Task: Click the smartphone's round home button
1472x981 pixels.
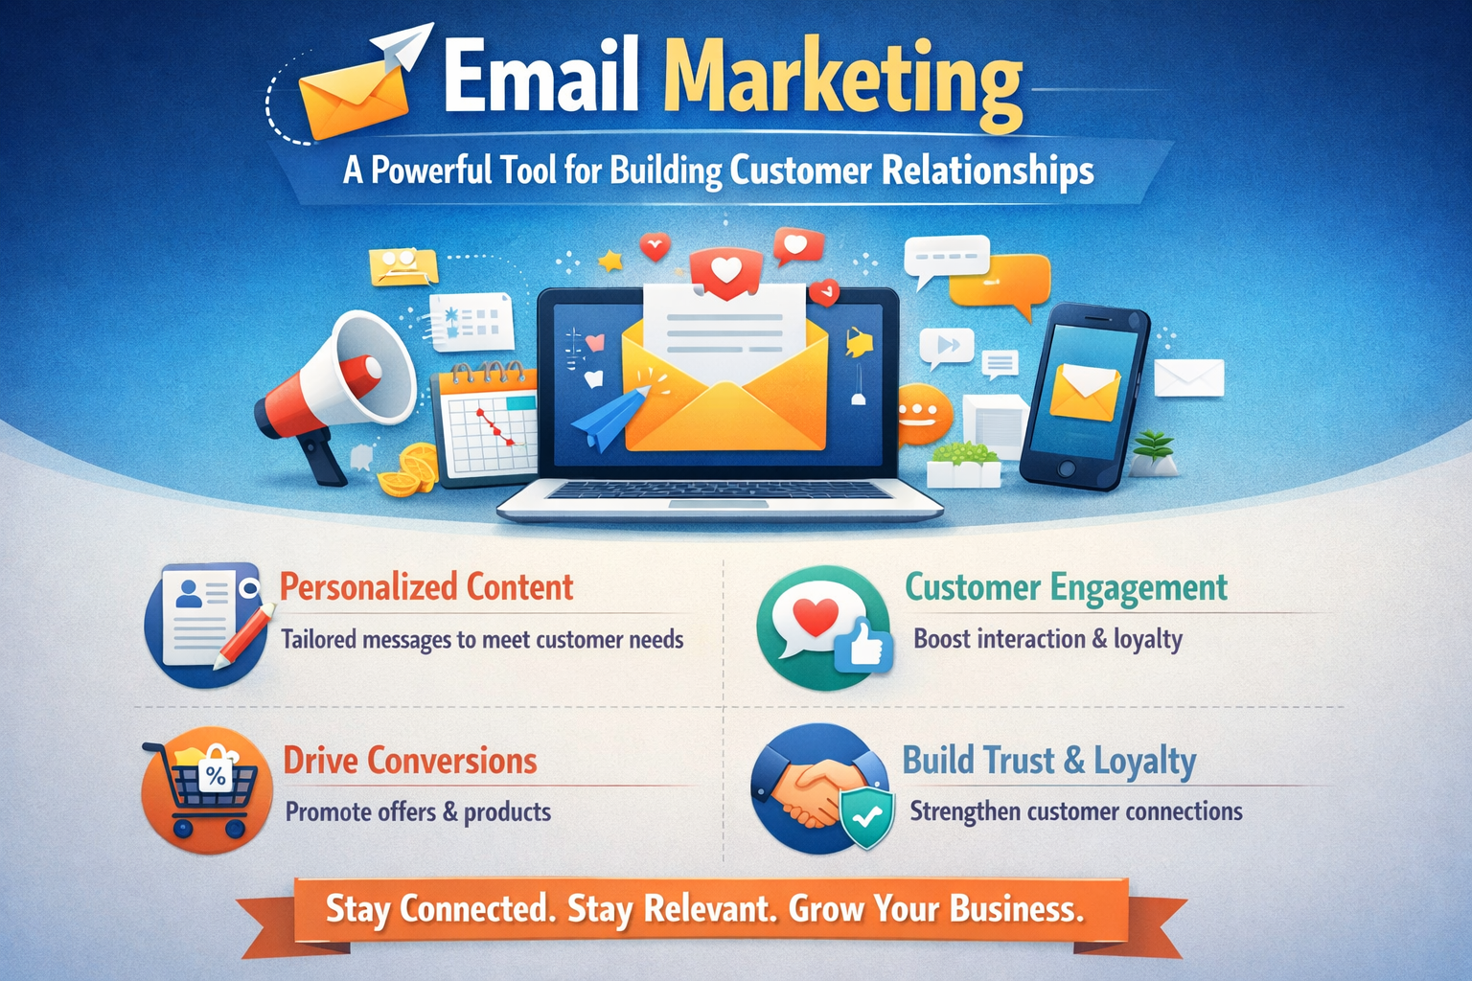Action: pyautogui.click(x=1066, y=468)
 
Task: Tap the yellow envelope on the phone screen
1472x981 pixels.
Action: pyautogui.click(x=1085, y=392)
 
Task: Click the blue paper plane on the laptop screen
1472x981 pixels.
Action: pyautogui.click(x=608, y=418)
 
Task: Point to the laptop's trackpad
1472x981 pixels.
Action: pyautogui.click(x=718, y=504)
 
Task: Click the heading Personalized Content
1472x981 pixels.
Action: pyautogui.click(x=426, y=586)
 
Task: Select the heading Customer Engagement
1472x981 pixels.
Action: pyautogui.click(x=1066, y=586)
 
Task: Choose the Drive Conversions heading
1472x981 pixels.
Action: pyautogui.click(x=410, y=761)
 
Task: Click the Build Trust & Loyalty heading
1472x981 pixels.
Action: pyautogui.click(x=1049, y=761)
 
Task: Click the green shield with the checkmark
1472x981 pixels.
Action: pyautogui.click(x=867, y=817)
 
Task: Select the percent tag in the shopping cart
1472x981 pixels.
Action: pyautogui.click(x=216, y=775)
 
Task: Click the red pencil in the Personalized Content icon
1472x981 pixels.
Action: pyautogui.click(x=243, y=636)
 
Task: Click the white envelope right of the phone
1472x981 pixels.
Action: pyautogui.click(x=1189, y=377)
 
